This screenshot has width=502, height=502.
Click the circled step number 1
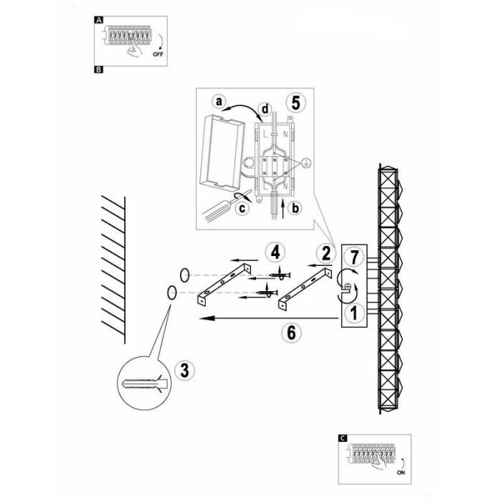click(352, 313)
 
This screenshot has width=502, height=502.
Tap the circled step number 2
click(326, 252)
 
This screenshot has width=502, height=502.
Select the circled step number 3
click(184, 370)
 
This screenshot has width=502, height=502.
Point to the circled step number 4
click(273, 252)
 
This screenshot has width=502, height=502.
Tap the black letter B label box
click(98, 70)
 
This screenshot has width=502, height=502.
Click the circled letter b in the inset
click(296, 208)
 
